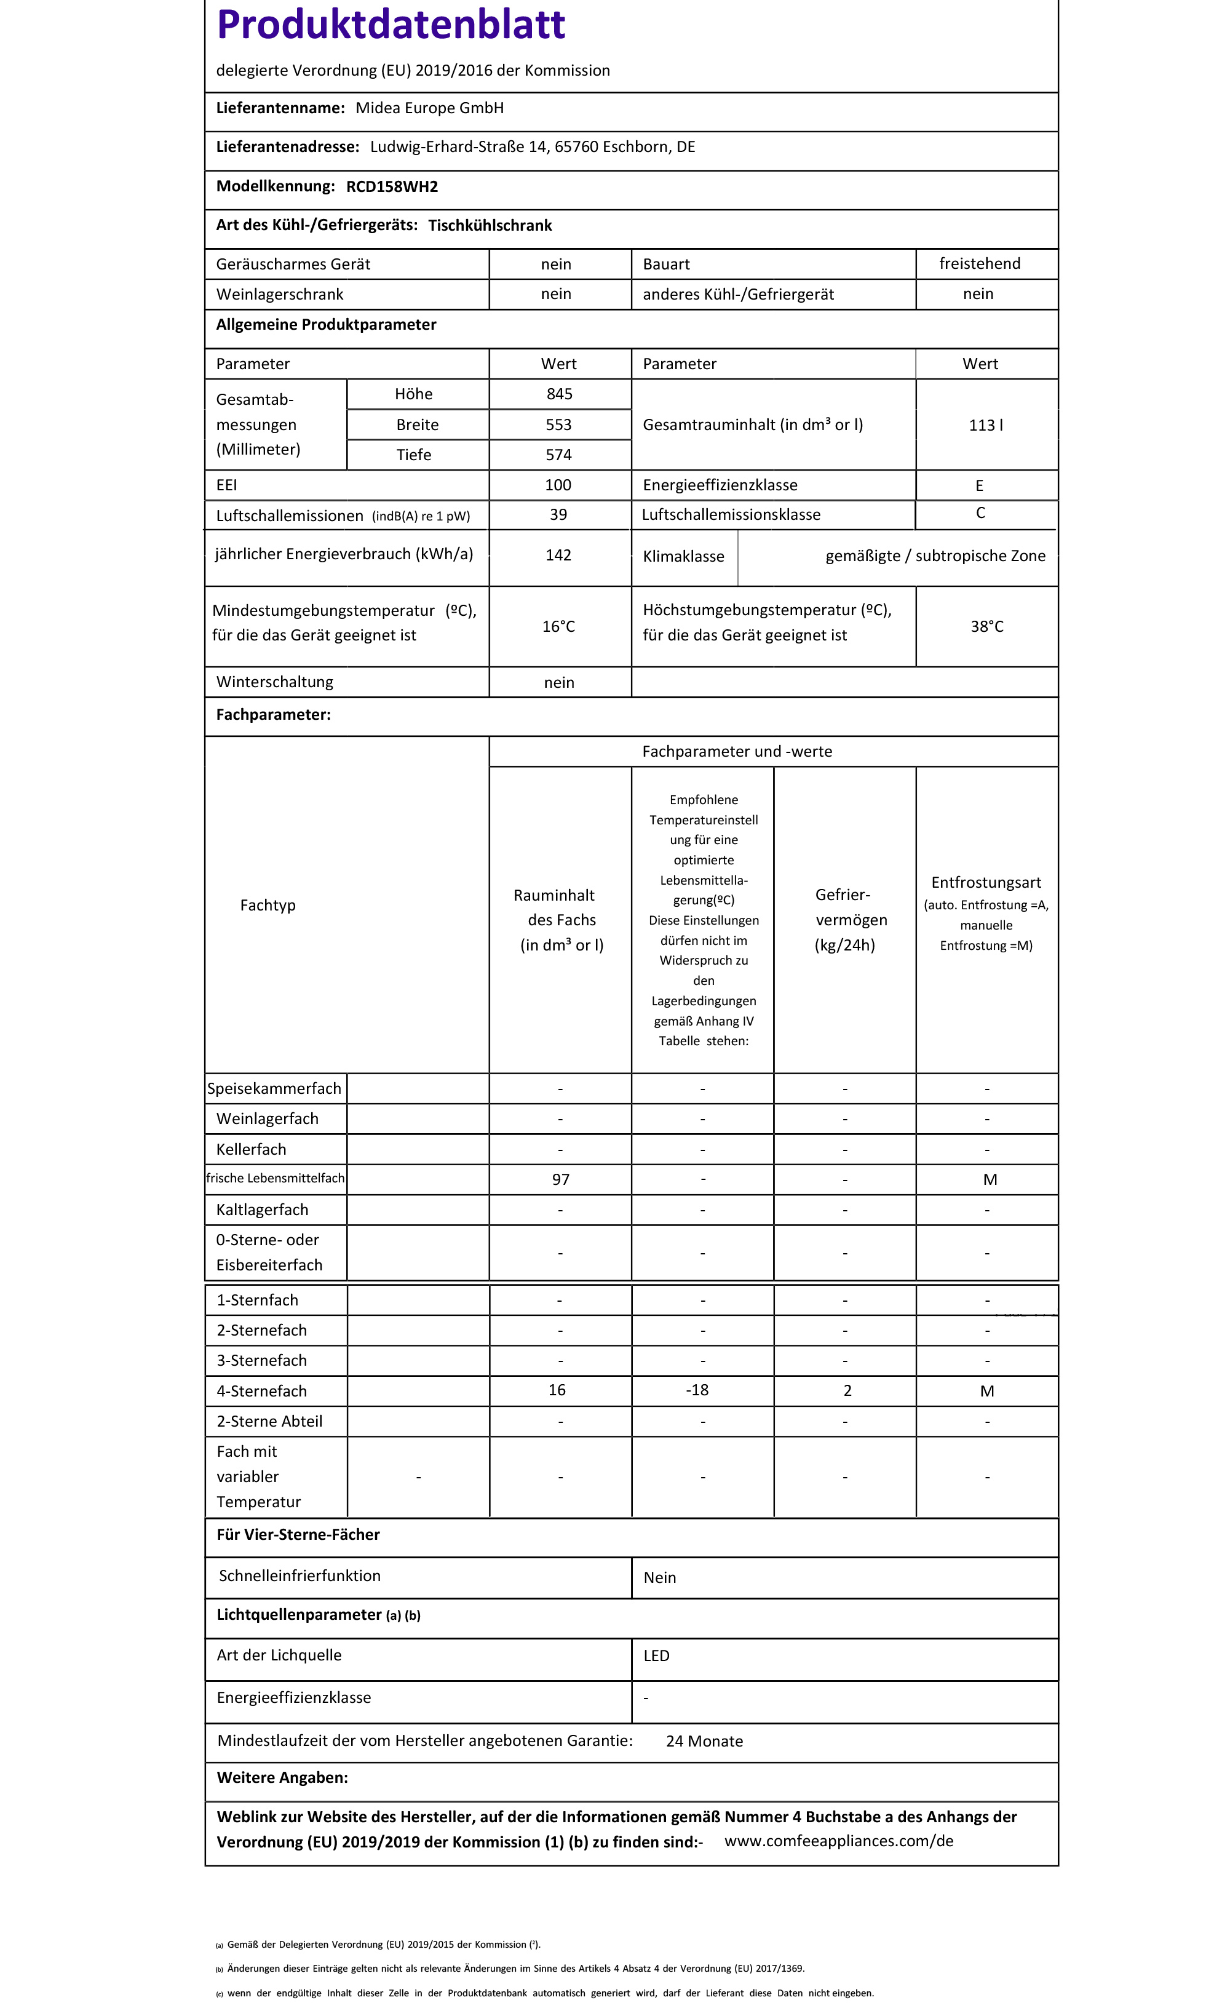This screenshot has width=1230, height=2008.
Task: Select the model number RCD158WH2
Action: (392, 186)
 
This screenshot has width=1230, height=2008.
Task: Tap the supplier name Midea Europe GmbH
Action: (429, 108)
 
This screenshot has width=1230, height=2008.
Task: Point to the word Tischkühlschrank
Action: (490, 226)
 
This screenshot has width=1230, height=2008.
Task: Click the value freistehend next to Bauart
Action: (979, 263)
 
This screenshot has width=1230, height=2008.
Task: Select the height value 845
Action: (559, 394)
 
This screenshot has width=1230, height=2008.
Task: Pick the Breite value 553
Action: (559, 424)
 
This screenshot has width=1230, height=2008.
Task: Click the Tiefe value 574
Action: (559, 455)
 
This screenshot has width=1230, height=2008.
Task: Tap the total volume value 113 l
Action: (986, 424)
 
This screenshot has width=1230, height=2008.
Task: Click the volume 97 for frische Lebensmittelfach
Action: (560, 1179)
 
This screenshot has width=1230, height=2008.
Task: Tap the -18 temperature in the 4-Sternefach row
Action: (697, 1390)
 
